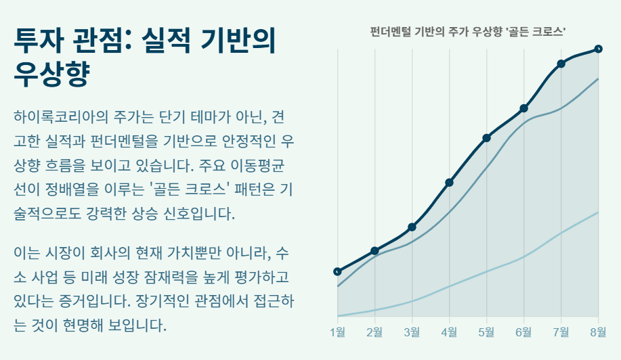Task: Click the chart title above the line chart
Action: pos(468,32)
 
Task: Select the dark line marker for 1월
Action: pos(338,271)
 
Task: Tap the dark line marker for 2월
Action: pos(374,251)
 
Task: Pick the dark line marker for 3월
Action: pos(412,227)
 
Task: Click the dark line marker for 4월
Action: pos(449,182)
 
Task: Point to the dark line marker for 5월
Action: pos(486,138)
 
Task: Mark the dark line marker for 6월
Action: pos(523,108)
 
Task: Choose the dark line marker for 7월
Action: pos(561,64)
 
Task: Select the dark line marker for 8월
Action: pos(598,49)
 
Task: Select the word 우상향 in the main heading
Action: pos(51,74)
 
